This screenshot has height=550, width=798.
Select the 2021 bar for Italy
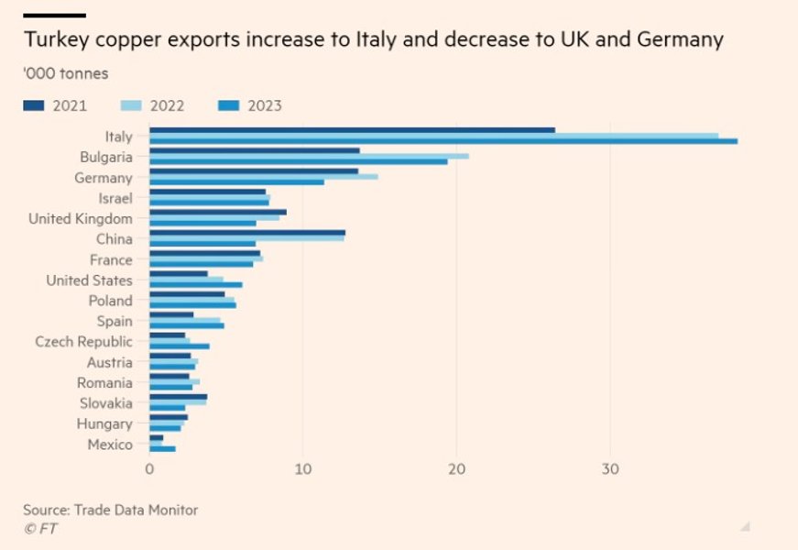click(x=352, y=130)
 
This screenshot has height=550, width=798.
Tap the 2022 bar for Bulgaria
click(x=309, y=156)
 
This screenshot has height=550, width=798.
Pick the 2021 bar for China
click(x=247, y=233)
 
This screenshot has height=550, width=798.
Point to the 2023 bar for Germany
click(x=236, y=182)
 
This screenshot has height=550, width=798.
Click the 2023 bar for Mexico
click(x=162, y=449)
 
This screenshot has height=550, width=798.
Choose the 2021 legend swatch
click(x=33, y=105)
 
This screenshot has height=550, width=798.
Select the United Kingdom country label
click(x=81, y=218)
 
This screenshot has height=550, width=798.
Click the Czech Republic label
click(x=83, y=342)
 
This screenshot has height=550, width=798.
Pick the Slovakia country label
click(x=104, y=403)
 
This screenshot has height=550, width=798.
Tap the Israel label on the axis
click(x=115, y=198)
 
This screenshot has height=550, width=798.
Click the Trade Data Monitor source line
click(x=110, y=510)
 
